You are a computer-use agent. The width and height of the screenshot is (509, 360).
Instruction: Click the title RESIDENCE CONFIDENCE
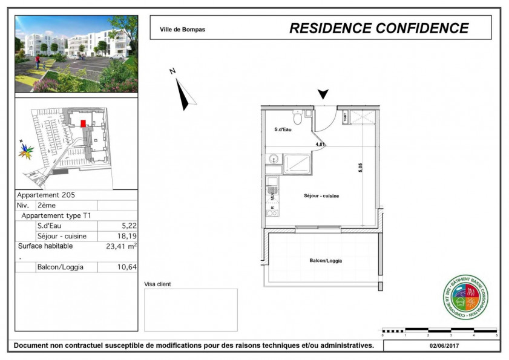point(379,28)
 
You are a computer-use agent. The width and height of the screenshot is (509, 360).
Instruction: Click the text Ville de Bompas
point(182,29)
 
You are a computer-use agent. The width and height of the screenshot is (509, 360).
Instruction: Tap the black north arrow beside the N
point(183,94)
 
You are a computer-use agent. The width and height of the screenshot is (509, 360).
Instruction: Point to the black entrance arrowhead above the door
point(323,94)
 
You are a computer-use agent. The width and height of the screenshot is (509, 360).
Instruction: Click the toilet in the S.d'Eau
point(297,114)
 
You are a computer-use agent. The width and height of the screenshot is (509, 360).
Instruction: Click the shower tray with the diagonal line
point(297,164)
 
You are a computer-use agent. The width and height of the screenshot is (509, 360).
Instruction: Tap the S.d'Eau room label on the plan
point(283,129)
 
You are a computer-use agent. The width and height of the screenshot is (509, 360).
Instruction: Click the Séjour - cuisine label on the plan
point(321,196)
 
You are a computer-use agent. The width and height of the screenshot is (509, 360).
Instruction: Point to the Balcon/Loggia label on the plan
point(326,261)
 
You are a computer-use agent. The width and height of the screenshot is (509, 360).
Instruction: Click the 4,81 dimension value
point(321,145)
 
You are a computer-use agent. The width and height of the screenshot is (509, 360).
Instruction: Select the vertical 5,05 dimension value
point(361,168)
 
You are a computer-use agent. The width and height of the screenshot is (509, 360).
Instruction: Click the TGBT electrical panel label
point(345,117)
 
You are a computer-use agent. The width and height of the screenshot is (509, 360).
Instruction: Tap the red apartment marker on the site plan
point(83,123)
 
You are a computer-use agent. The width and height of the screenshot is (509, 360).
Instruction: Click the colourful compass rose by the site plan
point(25,150)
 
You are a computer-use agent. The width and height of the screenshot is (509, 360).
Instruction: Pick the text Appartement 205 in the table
point(46,195)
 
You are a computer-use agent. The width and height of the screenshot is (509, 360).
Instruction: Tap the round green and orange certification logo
point(465,296)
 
